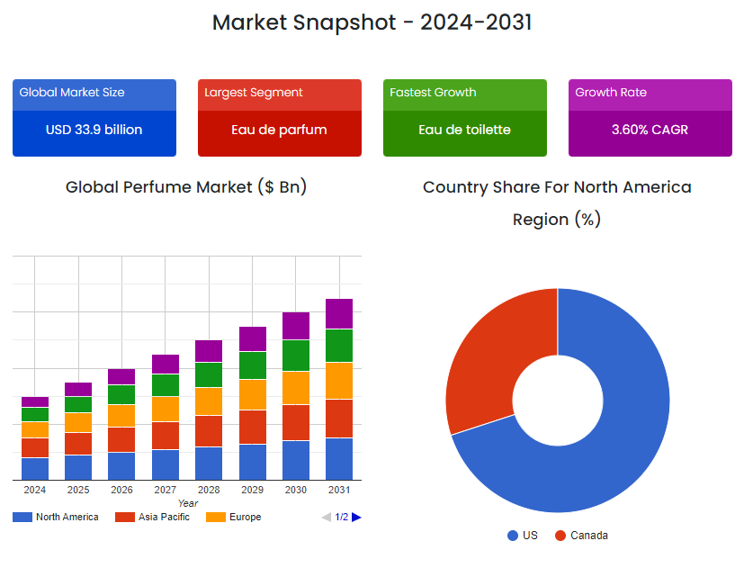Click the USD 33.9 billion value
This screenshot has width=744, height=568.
point(94,130)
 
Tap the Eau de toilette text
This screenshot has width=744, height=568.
point(464,130)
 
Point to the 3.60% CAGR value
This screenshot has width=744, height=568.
point(650,130)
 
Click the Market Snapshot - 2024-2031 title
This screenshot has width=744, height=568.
point(372,23)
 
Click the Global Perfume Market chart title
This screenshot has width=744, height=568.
point(186,187)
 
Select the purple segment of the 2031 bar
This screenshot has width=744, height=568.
point(339,313)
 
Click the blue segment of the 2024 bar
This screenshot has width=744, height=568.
point(35,468)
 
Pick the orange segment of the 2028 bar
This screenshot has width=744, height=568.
point(209,401)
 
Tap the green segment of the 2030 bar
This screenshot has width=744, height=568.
point(296,356)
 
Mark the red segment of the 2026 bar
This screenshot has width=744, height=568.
point(121,439)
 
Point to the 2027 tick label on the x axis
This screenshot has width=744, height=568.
point(165,490)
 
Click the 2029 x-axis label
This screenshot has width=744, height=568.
point(252,490)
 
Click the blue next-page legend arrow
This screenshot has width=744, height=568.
point(357,517)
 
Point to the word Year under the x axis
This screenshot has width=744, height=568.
point(187,503)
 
